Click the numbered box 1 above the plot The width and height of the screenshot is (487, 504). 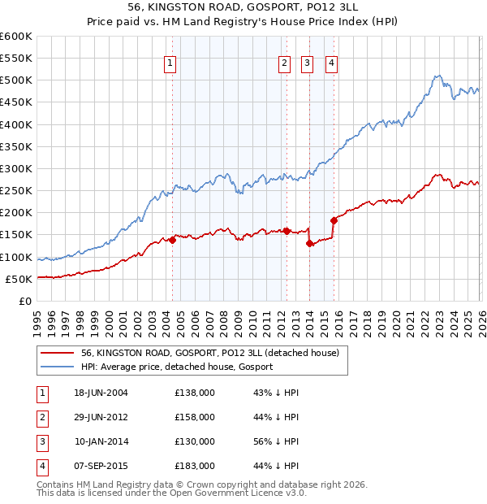pyautogui.click(x=170, y=65)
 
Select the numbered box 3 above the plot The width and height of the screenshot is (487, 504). pyautogui.click(x=308, y=65)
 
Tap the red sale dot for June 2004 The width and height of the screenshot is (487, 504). pyautogui.click(x=172, y=240)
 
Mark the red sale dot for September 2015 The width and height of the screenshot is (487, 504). pyautogui.click(x=334, y=220)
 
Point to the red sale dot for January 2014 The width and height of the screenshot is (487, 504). pyautogui.click(x=309, y=243)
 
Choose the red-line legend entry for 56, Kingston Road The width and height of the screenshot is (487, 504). pyautogui.click(x=214, y=353)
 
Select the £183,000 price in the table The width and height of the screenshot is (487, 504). pyautogui.click(x=195, y=466)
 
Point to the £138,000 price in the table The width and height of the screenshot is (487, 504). pyautogui.click(x=195, y=393)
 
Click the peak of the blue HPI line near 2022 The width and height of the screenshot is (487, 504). pyautogui.click(x=436, y=76)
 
